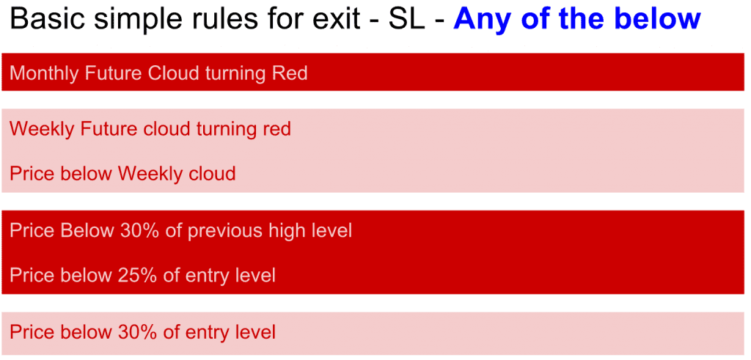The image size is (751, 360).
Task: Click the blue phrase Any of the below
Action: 576,20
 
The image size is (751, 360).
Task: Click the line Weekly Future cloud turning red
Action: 150,129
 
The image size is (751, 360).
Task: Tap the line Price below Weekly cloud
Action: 122,174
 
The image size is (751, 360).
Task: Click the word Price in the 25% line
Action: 30,276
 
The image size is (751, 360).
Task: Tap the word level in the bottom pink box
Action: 254,332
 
